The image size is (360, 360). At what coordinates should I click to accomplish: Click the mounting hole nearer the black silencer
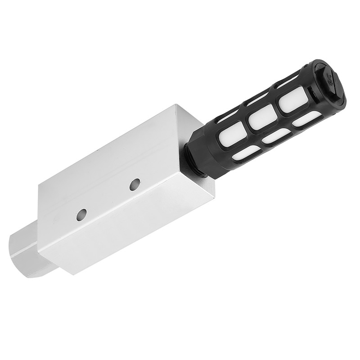click(x=134, y=184)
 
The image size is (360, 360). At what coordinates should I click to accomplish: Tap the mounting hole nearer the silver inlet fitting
click(x=81, y=215)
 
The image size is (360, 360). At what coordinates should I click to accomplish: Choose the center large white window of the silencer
click(x=262, y=118)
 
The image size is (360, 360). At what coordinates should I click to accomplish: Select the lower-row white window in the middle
click(x=275, y=136)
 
